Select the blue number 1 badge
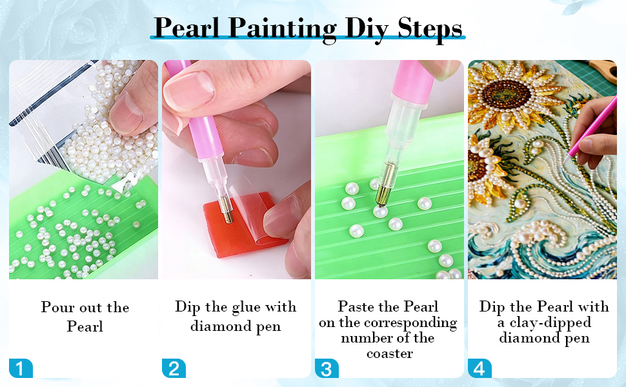pyautogui.click(x=21, y=368)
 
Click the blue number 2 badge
pyautogui.click(x=174, y=368)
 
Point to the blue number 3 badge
pyautogui.click(x=327, y=368)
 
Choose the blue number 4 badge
pyautogui.click(x=480, y=368)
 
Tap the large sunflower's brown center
pyautogui.click(x=506, y=95)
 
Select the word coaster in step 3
pyautogui.click(x=390, y=353)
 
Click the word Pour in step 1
pyautogui.click(x=58, y=307)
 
